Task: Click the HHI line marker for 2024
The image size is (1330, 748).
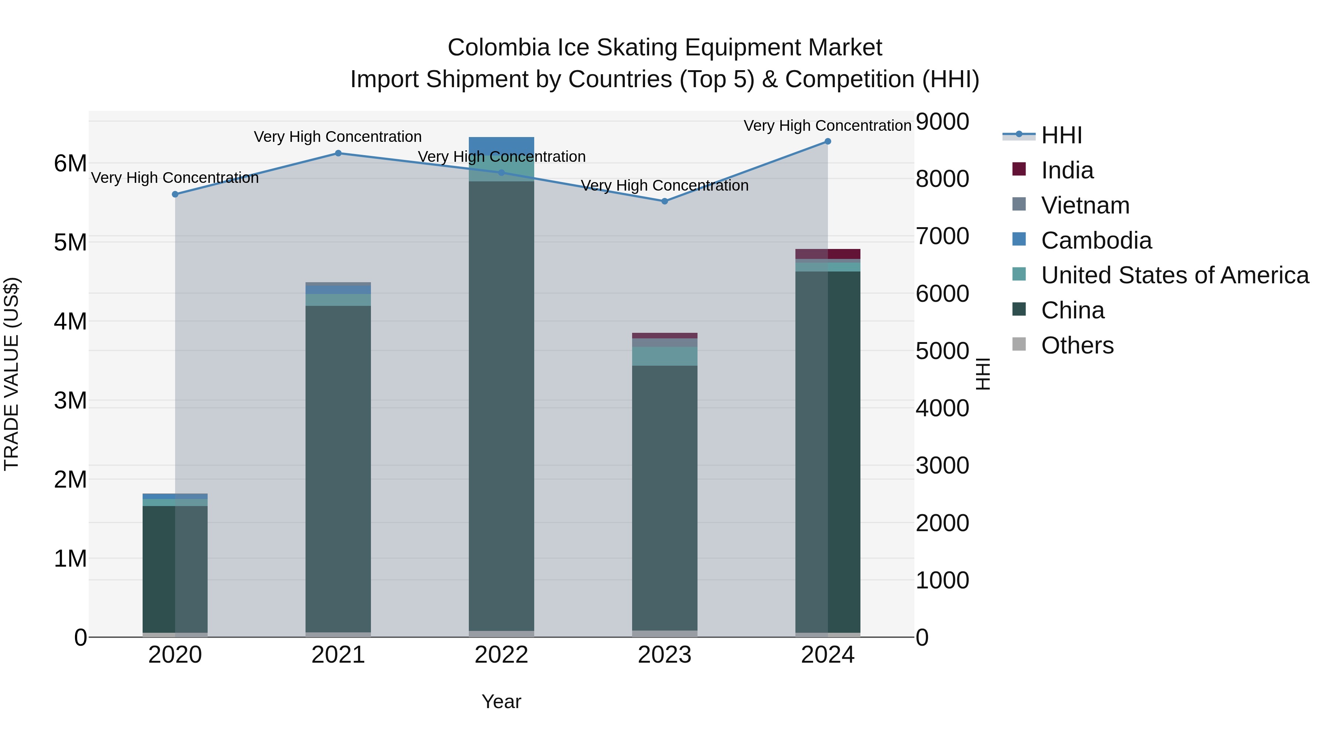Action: point(828,141)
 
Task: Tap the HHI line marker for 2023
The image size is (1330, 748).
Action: point(665,201)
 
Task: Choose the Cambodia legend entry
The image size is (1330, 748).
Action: point(1096,240)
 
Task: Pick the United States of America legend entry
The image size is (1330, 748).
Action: point(1174,275)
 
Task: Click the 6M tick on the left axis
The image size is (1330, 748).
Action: point(70,164)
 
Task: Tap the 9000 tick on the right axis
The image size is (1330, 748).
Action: point(942,122)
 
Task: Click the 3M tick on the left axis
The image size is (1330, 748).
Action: point(70,400)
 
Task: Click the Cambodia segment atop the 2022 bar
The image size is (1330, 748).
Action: point(501,146)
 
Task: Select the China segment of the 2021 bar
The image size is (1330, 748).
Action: point(338,465)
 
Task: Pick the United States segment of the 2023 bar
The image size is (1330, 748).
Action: point(665,356)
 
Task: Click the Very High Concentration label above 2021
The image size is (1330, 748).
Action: point(338,137)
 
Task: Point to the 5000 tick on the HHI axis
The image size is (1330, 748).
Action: point(942,351)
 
